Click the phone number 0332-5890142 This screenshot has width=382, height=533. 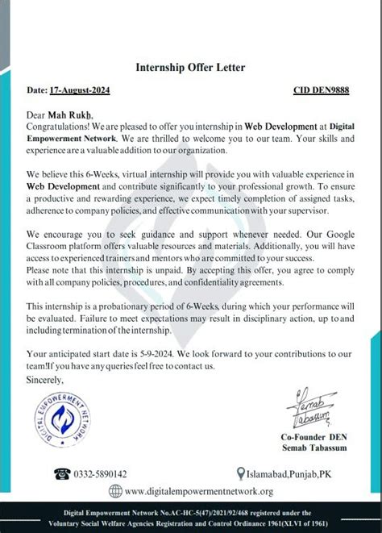[100, 474]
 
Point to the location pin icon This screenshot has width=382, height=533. [241, 474]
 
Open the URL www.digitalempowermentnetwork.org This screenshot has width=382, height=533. [199, 491]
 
